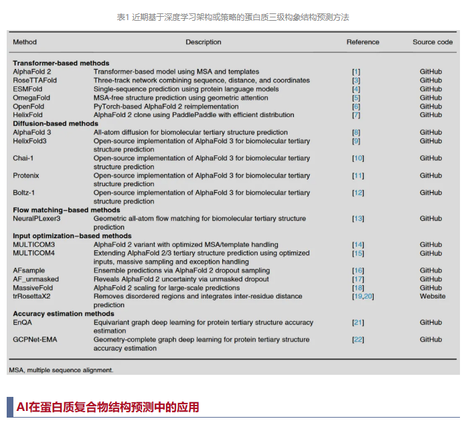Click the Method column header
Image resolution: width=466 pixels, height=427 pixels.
pos(25,42)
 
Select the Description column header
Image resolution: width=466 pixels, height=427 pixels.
pos(203,42)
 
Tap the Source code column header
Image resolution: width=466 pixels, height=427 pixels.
pos(433,42)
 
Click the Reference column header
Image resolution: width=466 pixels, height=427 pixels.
pos(362,42)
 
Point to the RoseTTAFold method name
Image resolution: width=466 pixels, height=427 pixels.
pos(35,80)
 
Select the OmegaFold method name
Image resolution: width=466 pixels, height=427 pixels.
pos(31,98)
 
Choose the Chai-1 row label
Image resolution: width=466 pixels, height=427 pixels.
pos(24,158)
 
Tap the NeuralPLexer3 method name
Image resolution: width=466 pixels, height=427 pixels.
pos(37,219)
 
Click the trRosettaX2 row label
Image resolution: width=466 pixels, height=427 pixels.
pos(33,296)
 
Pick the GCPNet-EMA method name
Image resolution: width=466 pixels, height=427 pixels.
pos(35,340)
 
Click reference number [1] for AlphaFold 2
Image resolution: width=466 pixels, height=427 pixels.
pos(356,72)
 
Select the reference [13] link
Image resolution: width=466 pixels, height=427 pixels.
pos(358,219)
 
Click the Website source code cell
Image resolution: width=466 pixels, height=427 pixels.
pos(433,296)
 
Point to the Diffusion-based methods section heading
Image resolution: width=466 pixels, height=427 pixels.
pos(56,124)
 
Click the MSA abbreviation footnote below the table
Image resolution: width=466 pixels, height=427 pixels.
pos(61,369)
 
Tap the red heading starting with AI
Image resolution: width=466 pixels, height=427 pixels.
pos(107,407)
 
